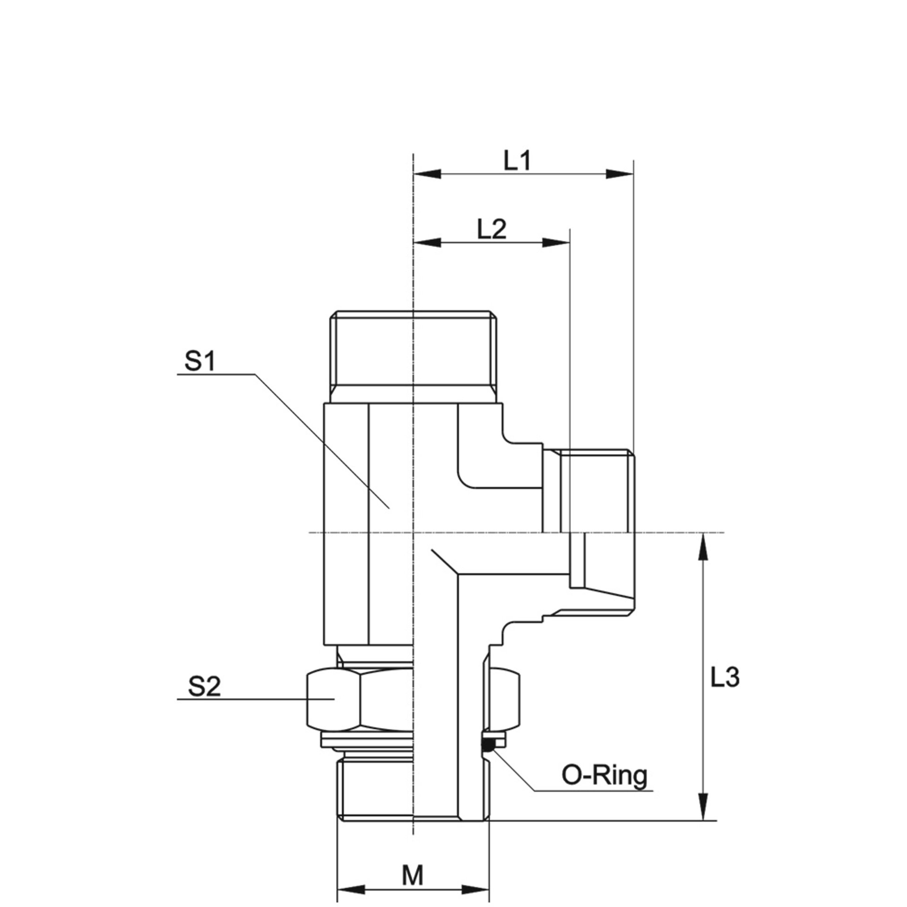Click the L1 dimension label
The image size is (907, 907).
click(x=517, y=162)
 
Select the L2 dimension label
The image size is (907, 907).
click(x=492, y=230)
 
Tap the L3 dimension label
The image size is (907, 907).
click(x=725, y=678)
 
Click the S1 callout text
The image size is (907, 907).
click(x=199, y=362)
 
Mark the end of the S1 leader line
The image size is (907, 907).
click(x=389, y=508)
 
